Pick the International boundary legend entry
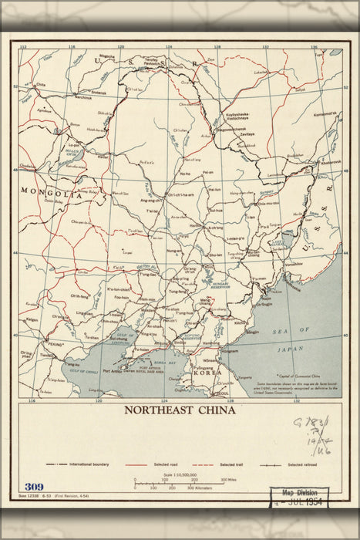tap(75, 466)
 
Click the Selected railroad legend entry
tap(303, 466)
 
